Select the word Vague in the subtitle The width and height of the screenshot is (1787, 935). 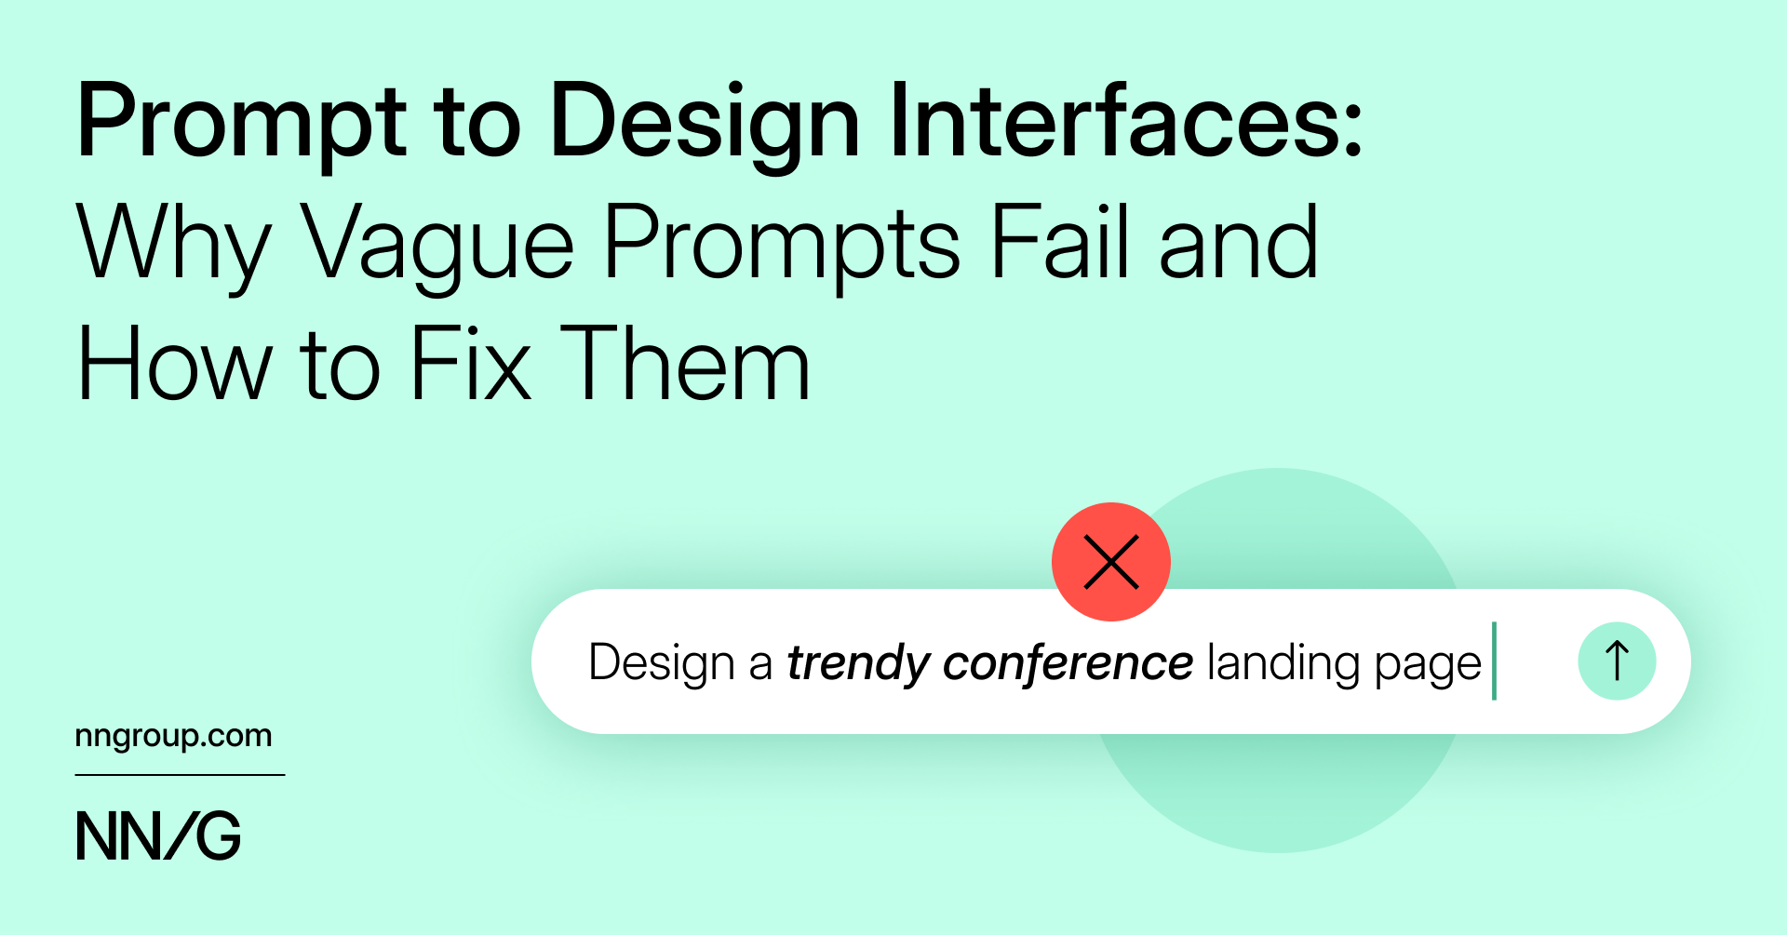pyautogui.click(x=437, y=244)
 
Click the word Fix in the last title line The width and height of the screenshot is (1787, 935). pyautogui.click(x=470, y=364)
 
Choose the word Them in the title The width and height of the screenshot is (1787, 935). pyautogui.click(x=685, y=364)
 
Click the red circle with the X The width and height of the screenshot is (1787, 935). pyautogui.click(x=1110, y=562)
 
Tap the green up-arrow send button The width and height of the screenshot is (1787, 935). pyautogui.click(x=1617, y=661)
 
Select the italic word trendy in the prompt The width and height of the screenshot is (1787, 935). pyautogui.click(x=858, y=663)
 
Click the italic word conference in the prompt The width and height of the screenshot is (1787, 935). pyautogui.click(x=1068, y=662)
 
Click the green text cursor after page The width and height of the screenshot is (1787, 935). pyautogui.click(x=1494, y=661)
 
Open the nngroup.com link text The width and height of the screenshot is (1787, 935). pyautogui.click(x=173, y=736)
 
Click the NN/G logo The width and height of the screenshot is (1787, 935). pyautogui.click(x=158, y=835)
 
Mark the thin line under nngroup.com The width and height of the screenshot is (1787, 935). pyautogui.click(x=180, y=775)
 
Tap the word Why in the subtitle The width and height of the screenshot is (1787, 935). pyautogui.click(x=173, y=244)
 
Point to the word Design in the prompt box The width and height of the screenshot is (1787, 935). pyautogui.click(x=662, y=663)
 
